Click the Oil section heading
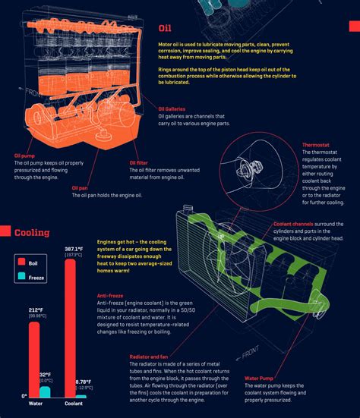[x=166, y=29]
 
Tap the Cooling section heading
[x=32, y=232]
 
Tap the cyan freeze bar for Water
[x=45, y=391]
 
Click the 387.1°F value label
[x=74, y=249]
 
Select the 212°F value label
[x=36, y=310]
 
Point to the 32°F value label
[x=46, y=375]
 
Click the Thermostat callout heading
[x=315, y=144]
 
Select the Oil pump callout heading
[x=26, y=156]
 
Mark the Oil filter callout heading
[x=138, y=162]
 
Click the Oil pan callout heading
[x=81, y=187]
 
